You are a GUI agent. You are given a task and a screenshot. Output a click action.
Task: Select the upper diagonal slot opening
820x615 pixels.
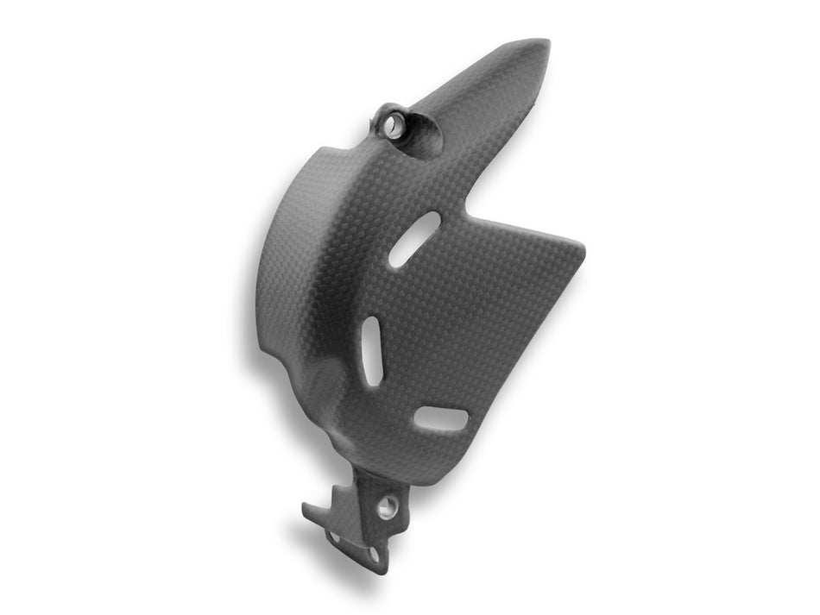414,239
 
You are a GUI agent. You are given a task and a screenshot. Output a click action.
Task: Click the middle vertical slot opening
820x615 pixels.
372,351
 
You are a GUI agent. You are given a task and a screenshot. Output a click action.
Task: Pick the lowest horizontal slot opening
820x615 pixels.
440,419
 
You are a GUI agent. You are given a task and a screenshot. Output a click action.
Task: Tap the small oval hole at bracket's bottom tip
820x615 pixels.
374,555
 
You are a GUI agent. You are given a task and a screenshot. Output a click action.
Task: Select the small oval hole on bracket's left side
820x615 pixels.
335,537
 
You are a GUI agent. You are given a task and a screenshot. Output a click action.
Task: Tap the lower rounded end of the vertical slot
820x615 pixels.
375,380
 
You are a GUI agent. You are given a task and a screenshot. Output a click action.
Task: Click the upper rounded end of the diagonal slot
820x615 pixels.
432,220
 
